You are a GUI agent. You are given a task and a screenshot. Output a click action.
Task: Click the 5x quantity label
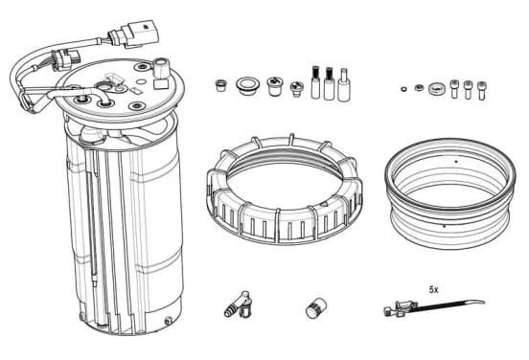[x=433, y=289]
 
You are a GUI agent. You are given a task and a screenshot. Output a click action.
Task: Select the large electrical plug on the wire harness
[x=134, y=34]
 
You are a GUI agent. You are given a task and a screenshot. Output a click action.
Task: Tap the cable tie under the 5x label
[x=434, y=307]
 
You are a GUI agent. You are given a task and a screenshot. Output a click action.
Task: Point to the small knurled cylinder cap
[x=316, y=308]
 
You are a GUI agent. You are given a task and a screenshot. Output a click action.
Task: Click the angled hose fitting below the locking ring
[x=238, y=304]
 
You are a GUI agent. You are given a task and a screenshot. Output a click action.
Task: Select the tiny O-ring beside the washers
[x=403, y=89]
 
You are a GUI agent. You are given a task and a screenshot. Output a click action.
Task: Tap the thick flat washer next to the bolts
[x=437, y=89]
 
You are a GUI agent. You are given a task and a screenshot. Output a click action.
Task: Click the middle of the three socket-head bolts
[x=468, y=89]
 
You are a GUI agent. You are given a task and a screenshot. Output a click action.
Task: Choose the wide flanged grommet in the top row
[x=247, y=85]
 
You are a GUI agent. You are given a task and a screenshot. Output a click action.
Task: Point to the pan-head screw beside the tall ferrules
[x=296, y=89]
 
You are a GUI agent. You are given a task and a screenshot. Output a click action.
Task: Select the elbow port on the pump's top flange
[x=161, y=66]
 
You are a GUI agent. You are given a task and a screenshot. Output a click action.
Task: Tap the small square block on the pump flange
[x=160, y=84]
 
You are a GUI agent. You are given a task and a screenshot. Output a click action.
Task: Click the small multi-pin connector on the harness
[x=67, y=60]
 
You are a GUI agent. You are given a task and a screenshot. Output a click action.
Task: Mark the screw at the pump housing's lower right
[x=169, y=321]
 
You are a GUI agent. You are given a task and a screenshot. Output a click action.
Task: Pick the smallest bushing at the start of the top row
[x=220, y=85]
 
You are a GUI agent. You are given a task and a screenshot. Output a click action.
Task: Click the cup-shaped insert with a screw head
[x=275, y=86]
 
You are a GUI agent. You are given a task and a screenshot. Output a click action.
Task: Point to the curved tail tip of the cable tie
[x=484, y=302]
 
